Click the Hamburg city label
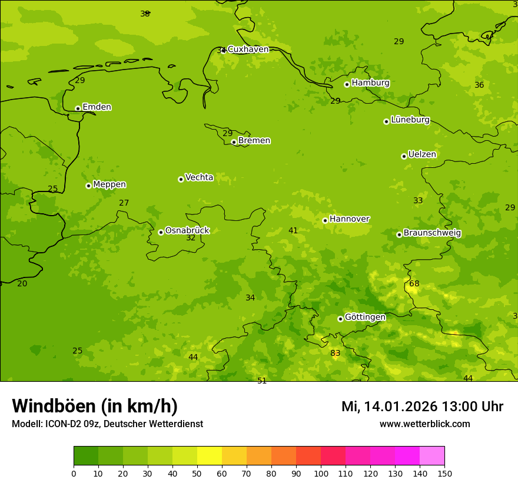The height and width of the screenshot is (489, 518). [x=370, y=83]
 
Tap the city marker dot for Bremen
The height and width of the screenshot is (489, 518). [x=234, y=142]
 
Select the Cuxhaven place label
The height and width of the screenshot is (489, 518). [x=248, y=49]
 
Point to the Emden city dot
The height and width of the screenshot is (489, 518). [x=78, y=108]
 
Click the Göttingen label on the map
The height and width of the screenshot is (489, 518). [x=365, y=318]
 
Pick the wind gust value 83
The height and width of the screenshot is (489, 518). [x=335, y=353]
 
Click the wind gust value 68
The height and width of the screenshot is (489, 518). [x=414, y=284]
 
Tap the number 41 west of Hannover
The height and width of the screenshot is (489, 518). [x=293, y=231]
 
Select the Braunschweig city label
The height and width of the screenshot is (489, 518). [x=432, y=233]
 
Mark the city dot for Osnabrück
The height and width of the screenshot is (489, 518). [x=161, y=232]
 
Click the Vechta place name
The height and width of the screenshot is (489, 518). [x=199, y=177]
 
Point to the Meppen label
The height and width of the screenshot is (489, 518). [x=109, y=184]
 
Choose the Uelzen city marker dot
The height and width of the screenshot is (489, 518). [x=404, y=156]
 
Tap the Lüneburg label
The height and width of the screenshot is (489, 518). [x=410, y=120]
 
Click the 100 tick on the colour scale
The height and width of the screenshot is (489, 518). [x=321, y=473]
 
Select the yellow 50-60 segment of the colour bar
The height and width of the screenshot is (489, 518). [x=210, y=456]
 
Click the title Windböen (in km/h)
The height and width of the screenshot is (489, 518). [x=95, y=406]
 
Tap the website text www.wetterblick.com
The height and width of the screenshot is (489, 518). [x=424, y=424]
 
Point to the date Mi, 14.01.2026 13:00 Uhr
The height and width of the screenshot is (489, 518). [x=422, y=407]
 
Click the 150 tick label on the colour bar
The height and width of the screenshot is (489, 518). [x=444, y=473]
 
